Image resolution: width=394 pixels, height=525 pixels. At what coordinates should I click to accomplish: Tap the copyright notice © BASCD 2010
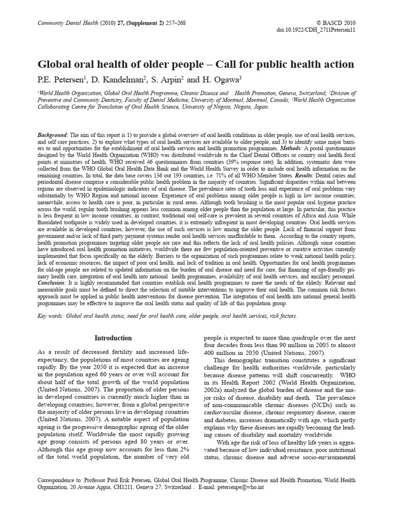click(336, 23)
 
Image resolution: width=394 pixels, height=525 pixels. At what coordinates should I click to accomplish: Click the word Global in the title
click(56, 65)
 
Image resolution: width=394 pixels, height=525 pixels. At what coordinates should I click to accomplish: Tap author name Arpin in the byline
click(171, 80)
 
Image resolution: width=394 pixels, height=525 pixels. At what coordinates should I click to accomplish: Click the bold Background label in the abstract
click(53, 134)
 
